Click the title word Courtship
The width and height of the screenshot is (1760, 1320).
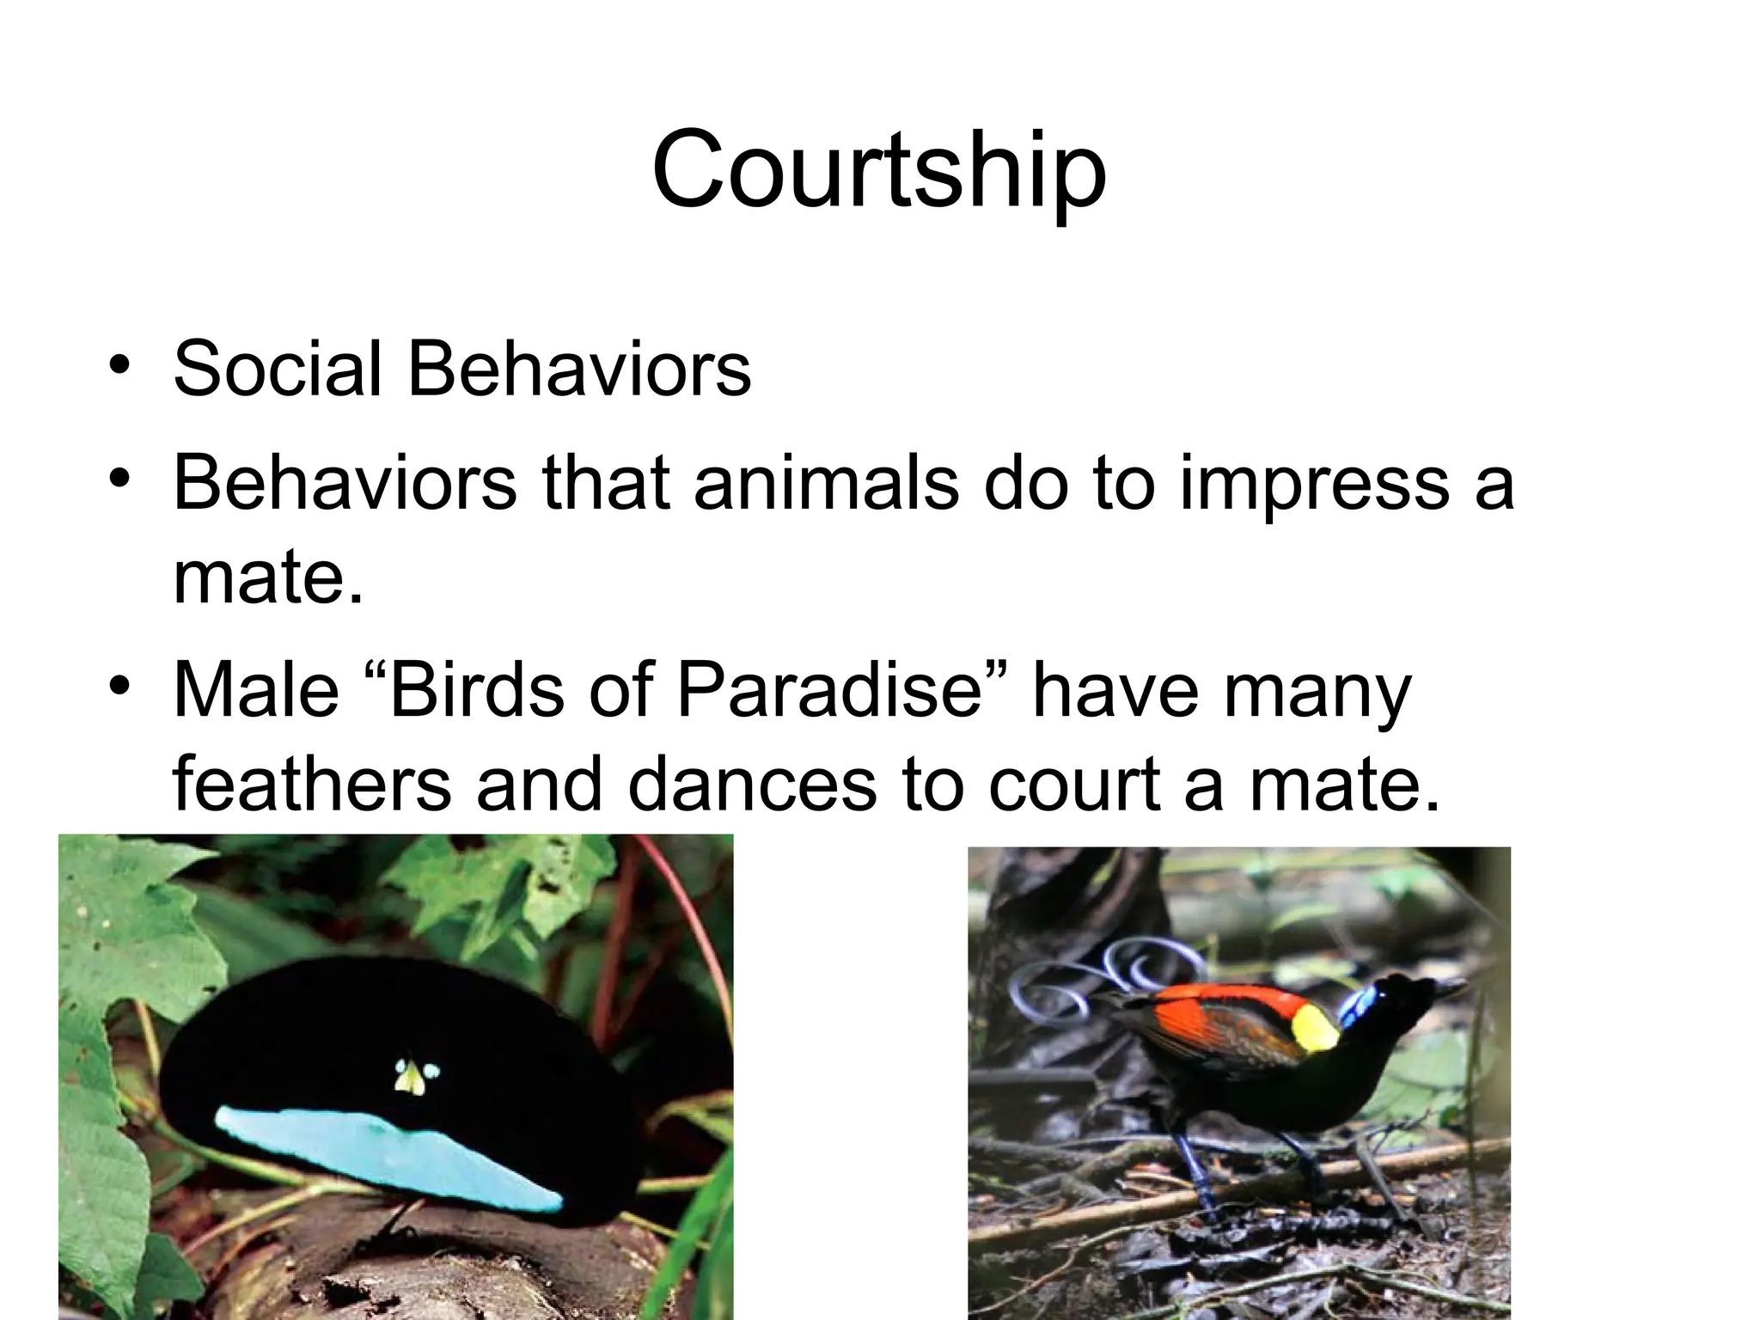[879, 170]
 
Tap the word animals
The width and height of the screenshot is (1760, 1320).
[825, 483]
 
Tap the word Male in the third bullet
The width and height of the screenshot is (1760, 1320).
[256, 690]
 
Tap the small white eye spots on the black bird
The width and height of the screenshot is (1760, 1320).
[417, 1075]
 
